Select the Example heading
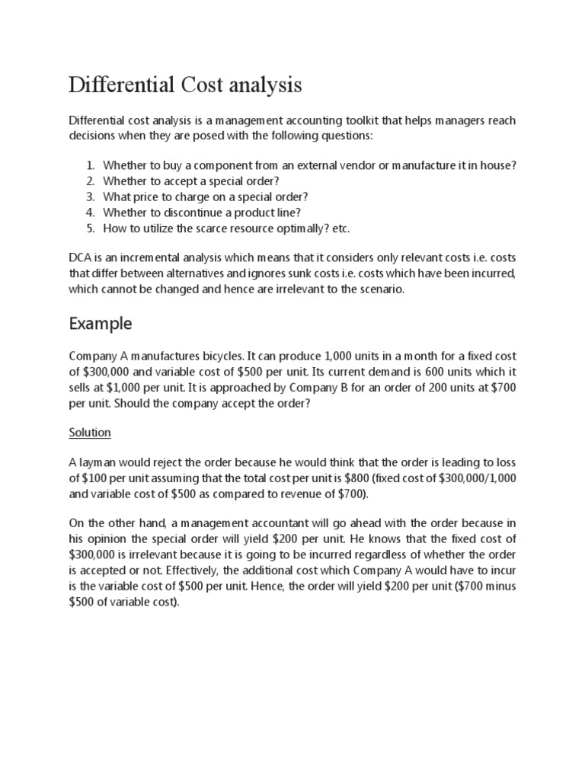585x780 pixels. point(101,324)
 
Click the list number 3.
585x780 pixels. point(89,197)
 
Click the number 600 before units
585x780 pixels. point(413,372)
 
